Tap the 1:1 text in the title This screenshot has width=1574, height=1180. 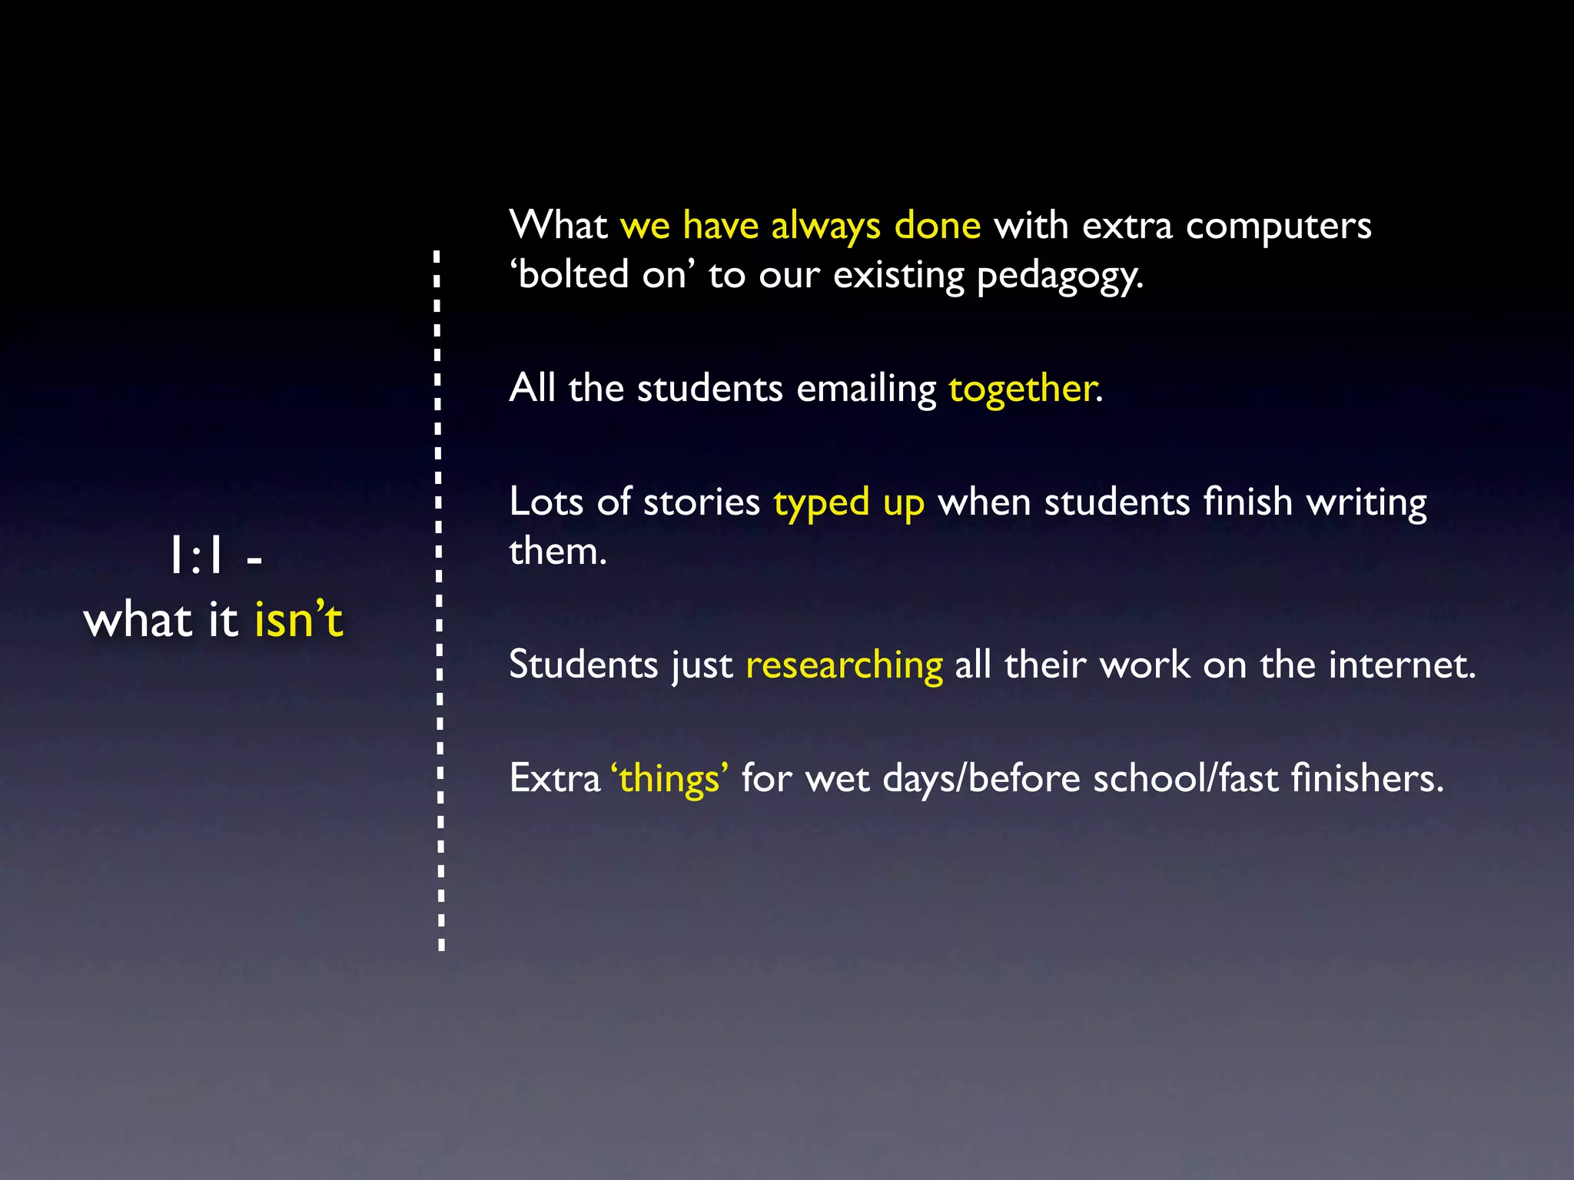(197, 556)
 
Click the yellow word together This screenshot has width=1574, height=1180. (1024, 389)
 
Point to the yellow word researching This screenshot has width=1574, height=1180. (844, 665)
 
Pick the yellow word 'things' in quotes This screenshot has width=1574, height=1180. (669, 779)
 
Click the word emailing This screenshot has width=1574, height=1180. (866, 389)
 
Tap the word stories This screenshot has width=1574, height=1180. (701, 502)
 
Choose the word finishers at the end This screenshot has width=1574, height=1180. (1367, 779)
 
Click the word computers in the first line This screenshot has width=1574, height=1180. (1278, 226)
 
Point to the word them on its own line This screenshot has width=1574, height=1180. (557, 552)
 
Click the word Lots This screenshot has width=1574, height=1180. (546, 502)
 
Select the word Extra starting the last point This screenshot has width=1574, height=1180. (554, 779)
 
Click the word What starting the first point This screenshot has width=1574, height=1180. (558, 226)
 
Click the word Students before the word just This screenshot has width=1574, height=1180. (583, 665)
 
